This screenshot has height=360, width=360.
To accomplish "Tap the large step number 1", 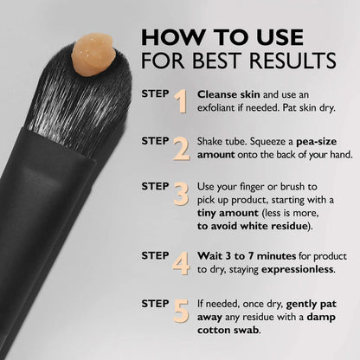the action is pyautogui.click(x=181, y=101).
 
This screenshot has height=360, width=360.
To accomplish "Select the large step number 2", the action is pyautogui.click(x=182, y=149).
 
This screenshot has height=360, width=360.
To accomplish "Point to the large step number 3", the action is pyautogui.click(x=181, y=194).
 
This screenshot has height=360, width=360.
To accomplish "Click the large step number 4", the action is pyautogui.click(x=181, y=263).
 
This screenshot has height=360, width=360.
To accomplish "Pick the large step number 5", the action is pyautogui.click(x=181, y=311).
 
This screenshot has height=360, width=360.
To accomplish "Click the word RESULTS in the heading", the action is pyautogui.click(x=292, y=61).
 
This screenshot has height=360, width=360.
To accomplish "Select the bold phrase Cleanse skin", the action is pyautogui.click(x=228, y=94).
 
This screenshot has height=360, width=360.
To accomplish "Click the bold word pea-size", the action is pyautogui.click(x=317, y=142).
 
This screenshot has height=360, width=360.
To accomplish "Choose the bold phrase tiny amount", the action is pyautogui.click(x=228, y=213).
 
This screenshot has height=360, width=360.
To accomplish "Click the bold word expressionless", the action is pyautogui.click(x=298, y=270).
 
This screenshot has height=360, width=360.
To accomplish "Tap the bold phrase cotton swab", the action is pyautogui.click(x=228, y=330).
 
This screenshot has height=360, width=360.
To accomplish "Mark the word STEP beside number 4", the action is pyautogui.click(x=155, y=255).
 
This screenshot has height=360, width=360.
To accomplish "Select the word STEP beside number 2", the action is pyautogui.click(x=155, y=141).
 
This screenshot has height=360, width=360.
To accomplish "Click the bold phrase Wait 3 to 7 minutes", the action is pyautogui.click(x=247, y=256).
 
